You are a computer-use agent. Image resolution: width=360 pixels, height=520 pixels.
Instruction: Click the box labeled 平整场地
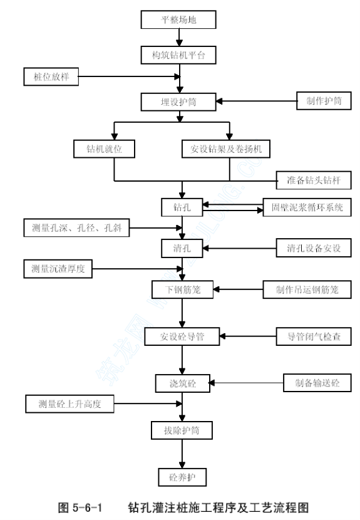coord(178,19)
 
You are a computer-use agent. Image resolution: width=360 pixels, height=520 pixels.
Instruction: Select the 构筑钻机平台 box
coord(178,55)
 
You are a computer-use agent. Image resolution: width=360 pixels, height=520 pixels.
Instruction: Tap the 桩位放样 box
coord(51,76)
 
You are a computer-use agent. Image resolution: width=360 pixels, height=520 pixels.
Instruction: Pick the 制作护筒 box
coord(324,101)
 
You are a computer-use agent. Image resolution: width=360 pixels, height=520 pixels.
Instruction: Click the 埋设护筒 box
coord(178,102)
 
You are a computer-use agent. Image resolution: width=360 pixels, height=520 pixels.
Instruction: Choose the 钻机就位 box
coord(104,149)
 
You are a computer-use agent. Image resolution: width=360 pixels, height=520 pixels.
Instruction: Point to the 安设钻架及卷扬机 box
coord(226,149)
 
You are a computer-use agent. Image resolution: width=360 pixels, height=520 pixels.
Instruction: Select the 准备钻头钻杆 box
coord(314,180)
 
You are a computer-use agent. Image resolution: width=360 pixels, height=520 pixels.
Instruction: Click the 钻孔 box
coord(182,207)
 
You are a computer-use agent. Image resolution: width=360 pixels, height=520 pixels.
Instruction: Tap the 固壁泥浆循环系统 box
coord(307,207)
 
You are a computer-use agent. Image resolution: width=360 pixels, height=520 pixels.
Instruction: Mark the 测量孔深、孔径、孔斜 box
coord(76,228)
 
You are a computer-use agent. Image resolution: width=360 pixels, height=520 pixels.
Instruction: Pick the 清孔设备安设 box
coord(314,248)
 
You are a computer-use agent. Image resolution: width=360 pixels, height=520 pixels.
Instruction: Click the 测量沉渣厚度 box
coord(58,269)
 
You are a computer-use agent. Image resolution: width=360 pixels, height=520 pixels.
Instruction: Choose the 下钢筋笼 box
coord(182,289)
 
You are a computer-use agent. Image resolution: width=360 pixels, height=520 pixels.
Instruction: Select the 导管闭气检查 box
coord(314,336)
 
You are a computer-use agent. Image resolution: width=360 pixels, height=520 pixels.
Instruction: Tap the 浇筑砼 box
coord(183,383)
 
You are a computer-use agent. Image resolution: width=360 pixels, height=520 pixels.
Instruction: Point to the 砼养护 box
coord(182,477)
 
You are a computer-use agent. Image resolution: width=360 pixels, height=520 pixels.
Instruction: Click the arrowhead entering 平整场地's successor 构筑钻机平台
coord(179,43)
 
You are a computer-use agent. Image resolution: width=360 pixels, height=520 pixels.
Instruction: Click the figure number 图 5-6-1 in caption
coord(80,507)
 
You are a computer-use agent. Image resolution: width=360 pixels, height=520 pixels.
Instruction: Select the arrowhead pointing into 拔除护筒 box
coord(182,418)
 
